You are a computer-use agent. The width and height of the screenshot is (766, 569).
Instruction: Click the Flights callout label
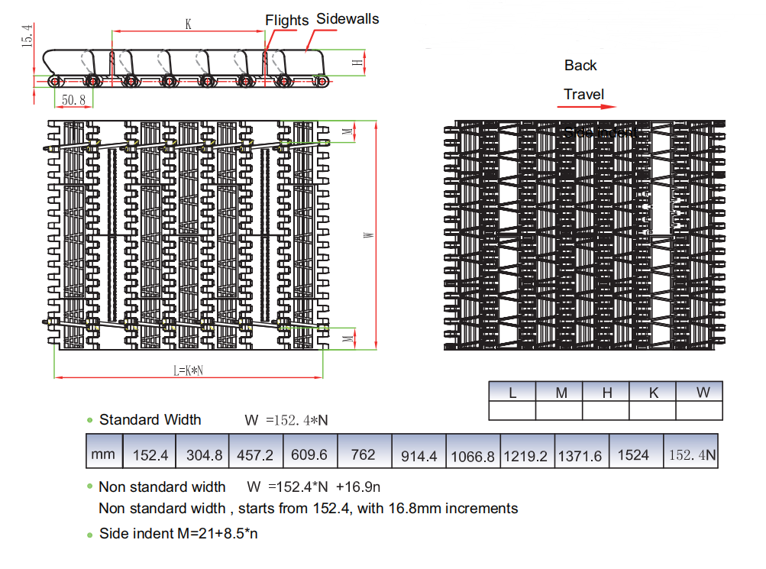coord(286,21)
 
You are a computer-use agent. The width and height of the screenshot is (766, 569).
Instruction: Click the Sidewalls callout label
coord(347,18)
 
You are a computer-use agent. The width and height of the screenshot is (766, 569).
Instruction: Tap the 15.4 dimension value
coord(27,36)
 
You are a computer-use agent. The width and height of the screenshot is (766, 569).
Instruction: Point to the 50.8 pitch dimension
coord(73,100)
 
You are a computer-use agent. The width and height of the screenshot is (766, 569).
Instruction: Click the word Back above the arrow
coord(580,66)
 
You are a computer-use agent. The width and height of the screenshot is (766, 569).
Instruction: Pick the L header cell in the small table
coord(512,393)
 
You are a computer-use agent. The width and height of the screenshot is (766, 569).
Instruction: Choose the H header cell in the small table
coord(607,393)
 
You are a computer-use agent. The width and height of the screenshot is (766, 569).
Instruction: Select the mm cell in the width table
coord(103,454)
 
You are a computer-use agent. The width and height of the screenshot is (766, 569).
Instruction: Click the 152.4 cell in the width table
coord(150,455)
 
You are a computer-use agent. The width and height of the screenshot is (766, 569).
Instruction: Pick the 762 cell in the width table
coord(363,454)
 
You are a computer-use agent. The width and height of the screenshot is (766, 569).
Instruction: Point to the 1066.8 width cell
coord(473,456)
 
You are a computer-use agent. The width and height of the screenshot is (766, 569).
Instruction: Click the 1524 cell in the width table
coord(633,455)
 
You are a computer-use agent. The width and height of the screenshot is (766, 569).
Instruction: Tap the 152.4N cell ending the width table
coord(692,455)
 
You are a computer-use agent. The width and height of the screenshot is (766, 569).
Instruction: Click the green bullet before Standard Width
coord(90,420)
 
